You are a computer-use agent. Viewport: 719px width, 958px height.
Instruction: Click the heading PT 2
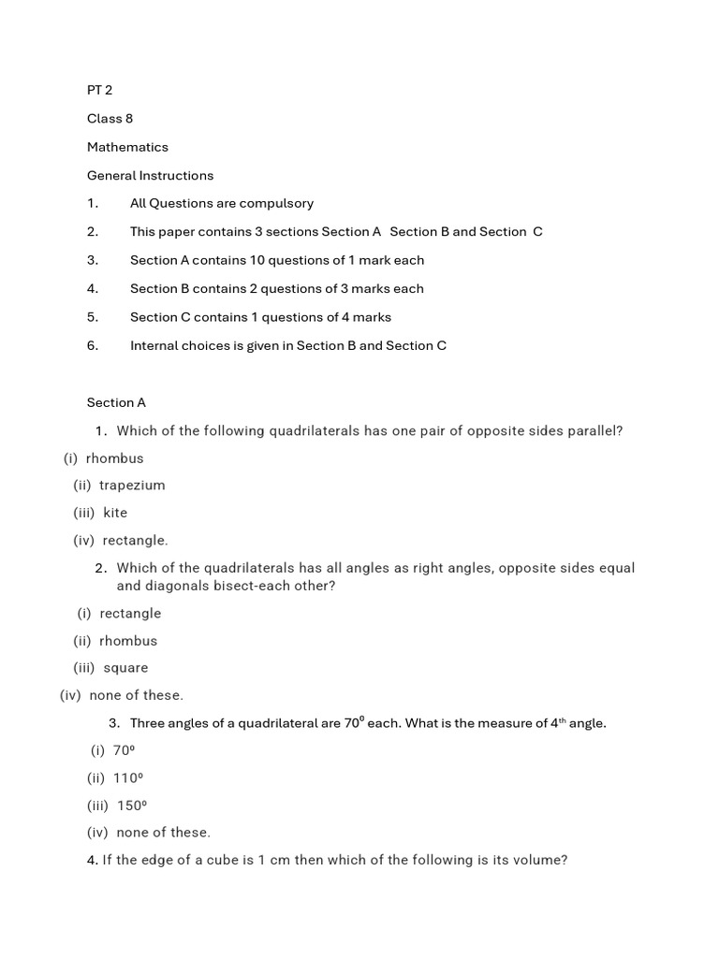pos(100,90)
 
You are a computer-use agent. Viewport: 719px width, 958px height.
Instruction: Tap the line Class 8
pos(110,119)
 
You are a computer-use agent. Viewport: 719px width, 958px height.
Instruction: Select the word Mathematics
pos(127,147)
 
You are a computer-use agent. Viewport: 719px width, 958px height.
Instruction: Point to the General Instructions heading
pos(150,175)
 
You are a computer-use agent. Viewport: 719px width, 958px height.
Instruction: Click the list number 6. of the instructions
pos(93,345)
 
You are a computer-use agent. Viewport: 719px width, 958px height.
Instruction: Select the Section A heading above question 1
pos(116,402)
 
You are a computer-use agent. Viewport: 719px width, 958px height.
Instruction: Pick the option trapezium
pos(132,486)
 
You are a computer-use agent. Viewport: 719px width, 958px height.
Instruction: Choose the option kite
pos(115,513)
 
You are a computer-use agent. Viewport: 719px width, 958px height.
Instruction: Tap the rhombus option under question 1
pos(114,458)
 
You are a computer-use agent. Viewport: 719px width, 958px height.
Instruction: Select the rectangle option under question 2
pos(130,614)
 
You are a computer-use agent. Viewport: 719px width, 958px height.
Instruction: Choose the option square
pos(125,668)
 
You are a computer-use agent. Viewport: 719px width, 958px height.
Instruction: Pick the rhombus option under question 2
pos(128,641)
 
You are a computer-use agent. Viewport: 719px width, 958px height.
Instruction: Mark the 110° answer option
pos(127,777)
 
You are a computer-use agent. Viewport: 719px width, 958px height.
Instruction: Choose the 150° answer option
pos(132,806)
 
